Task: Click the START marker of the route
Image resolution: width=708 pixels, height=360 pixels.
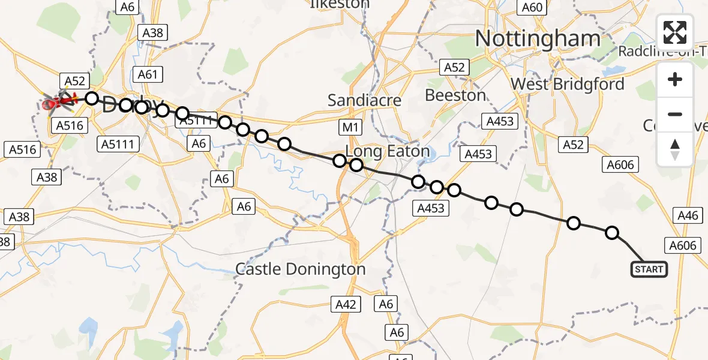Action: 649,269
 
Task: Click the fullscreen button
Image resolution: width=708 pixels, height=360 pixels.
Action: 675,32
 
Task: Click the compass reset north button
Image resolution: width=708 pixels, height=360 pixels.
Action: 675,149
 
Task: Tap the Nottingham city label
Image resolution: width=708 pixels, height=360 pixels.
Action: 537,39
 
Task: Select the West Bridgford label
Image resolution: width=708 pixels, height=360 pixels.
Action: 568,84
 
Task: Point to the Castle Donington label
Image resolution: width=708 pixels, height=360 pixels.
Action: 300,269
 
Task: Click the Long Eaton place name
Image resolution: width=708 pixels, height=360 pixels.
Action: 388,151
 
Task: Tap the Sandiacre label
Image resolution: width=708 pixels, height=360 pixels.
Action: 364,101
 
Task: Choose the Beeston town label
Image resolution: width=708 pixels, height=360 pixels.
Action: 455,95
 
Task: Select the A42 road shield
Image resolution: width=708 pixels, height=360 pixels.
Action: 346,304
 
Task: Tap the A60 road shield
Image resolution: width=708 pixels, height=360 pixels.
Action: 532,7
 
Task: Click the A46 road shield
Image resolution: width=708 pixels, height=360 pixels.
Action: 687,215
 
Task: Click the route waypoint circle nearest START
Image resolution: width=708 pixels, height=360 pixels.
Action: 611,233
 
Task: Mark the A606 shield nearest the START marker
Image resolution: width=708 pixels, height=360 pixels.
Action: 682,245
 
